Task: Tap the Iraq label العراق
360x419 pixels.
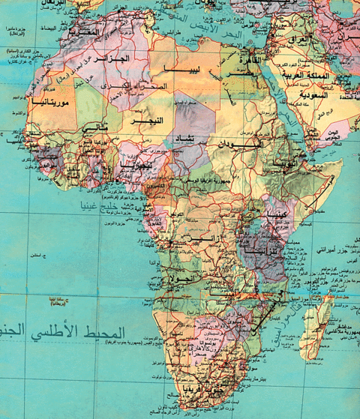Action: click(x=300, y=37)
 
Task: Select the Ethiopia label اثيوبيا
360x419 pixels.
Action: click(x=287, y=161)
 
